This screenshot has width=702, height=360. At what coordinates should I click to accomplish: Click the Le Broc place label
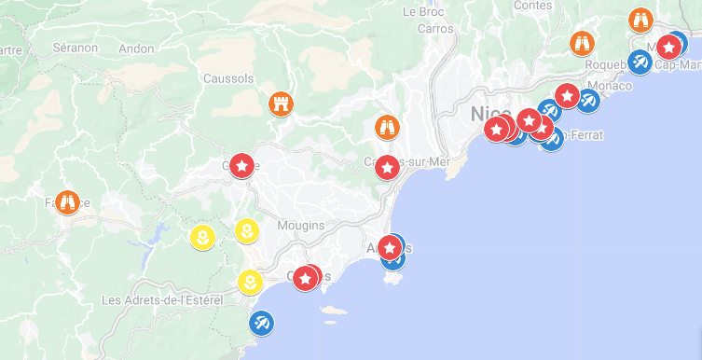coord(421,12)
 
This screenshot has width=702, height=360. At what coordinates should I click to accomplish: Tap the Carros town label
coord(435,29)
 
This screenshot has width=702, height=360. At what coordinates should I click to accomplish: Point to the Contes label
coord(532,6)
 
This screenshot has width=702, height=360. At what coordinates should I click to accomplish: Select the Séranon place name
coord(75,47)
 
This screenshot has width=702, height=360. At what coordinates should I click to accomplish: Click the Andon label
coord(137,48)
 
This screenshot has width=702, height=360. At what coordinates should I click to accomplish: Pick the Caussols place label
coord(228,79)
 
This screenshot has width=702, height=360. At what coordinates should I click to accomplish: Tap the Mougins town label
coord(301,226)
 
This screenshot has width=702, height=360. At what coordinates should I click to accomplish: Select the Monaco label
coord(611,86)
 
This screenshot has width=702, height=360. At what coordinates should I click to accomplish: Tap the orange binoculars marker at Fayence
coord(66,201)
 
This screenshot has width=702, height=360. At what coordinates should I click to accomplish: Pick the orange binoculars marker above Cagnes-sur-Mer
coord(386,127)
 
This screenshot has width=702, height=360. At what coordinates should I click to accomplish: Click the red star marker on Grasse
coord(241,166)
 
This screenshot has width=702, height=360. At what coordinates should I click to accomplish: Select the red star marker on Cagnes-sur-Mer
coord(387,168)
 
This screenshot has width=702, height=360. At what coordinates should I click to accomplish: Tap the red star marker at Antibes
coord(390,247)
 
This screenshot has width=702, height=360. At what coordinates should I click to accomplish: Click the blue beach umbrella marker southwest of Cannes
coord(262,324)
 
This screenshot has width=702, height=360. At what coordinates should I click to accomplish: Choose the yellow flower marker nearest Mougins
coord(246,230)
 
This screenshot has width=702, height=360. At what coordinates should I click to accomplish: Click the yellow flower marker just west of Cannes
coord(250,281)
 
